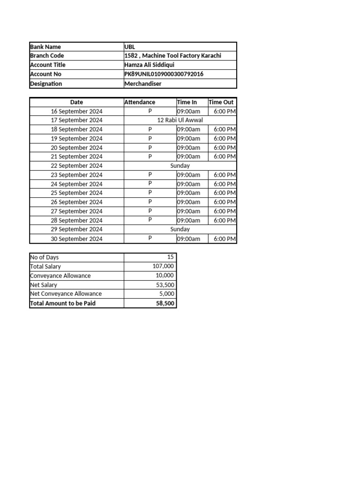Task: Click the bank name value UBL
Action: [129, 47]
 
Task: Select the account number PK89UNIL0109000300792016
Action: [164, 74]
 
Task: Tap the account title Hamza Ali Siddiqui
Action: [149, 65]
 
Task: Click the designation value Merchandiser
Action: [143, 83]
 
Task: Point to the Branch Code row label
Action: [47, 56]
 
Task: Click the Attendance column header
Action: [140, 102]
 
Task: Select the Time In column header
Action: [187, 102]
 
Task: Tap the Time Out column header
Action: [221, 102]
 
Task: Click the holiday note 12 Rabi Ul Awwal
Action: [180, 120]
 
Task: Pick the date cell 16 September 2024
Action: [77, 112]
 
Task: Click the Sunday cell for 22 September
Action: [180, 165]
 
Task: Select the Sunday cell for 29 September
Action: [180, 229]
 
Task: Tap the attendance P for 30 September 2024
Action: [150, 238]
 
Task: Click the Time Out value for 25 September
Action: [225, 193]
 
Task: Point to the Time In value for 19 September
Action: [188, 138]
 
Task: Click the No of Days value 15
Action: [170, 257]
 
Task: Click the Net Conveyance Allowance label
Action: [66, 294]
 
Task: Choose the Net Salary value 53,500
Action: [165, 285]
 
